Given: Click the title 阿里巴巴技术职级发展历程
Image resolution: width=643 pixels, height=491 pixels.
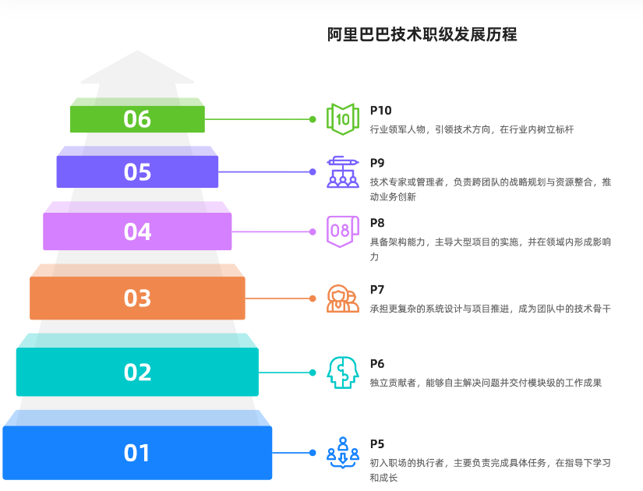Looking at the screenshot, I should pos(422,34).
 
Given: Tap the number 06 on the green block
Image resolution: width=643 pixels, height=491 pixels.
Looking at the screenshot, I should pos(137,119).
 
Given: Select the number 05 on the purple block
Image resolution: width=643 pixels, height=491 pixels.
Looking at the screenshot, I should pos(137,172).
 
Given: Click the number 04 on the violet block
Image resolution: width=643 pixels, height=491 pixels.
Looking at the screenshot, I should pos(137,231).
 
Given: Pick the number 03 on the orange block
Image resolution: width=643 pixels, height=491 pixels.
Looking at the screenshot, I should pos(137,298).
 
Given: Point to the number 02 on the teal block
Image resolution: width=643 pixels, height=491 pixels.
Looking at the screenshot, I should pos(137,373).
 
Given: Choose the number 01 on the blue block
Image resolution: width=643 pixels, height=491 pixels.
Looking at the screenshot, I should pos(137,453).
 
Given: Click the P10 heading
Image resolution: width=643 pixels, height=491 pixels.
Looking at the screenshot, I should pos(380,111).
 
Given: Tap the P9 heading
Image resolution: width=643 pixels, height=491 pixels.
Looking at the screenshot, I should pos(377,163).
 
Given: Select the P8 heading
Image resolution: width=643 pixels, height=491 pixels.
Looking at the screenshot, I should pos(377,223).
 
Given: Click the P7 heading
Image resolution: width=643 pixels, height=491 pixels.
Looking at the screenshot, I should pos(377,290).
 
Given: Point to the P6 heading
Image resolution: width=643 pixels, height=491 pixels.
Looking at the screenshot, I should pos(377,364).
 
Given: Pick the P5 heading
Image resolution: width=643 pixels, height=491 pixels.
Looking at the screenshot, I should pos(377,444).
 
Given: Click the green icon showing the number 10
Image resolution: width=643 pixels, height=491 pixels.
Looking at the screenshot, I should pos(343,119).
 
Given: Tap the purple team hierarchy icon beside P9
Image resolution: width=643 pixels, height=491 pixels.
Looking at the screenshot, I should pos(343,172).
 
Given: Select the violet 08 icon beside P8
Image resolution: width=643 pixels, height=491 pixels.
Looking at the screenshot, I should pos(343,231).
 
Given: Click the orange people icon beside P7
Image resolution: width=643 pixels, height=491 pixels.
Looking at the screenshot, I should pos(343,298).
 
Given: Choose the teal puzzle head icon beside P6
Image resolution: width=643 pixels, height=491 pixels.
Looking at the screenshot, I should pos(343,373).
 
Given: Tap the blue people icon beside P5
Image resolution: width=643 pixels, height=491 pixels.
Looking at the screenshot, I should pos(343,452).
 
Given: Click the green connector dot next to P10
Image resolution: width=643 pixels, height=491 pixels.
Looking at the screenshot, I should pos(313,119).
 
